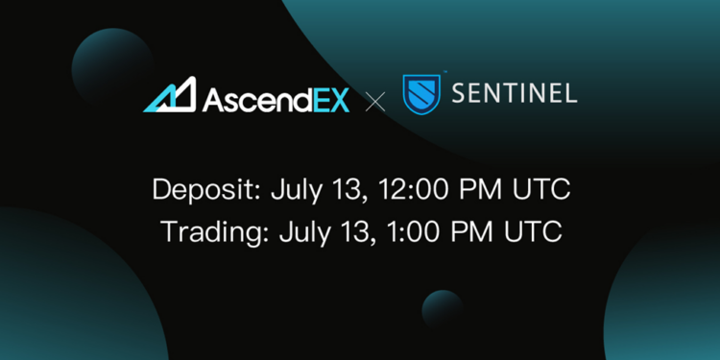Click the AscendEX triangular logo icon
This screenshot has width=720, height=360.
[170, 96]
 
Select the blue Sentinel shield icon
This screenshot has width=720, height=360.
[420, 94]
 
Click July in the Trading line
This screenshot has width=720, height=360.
[302, 232]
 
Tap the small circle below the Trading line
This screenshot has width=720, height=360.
[443, 310]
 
